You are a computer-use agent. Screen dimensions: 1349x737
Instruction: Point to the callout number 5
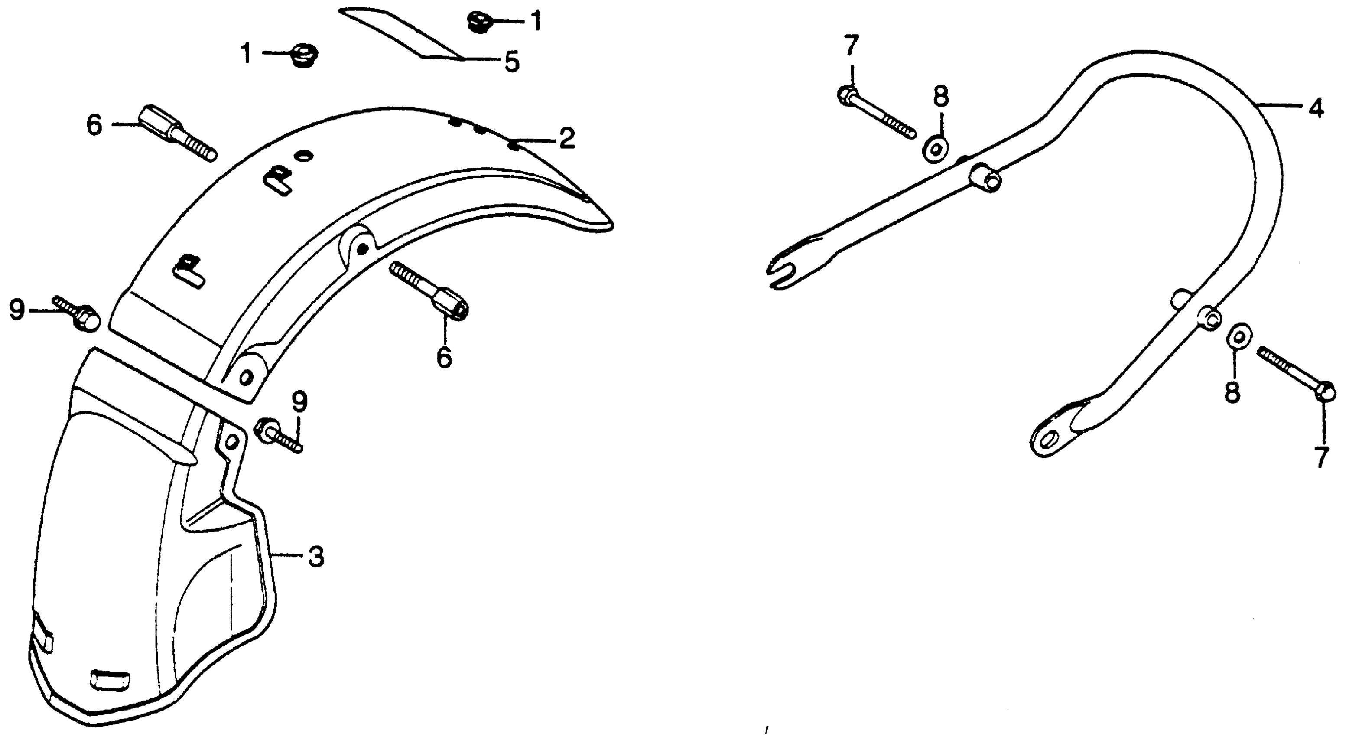click(512, 62)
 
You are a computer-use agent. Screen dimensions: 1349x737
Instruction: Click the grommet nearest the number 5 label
click(477, 23)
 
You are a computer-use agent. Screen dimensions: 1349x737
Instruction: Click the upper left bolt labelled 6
click(176, 134)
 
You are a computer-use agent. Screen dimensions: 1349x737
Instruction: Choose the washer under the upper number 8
click(936, 149)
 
